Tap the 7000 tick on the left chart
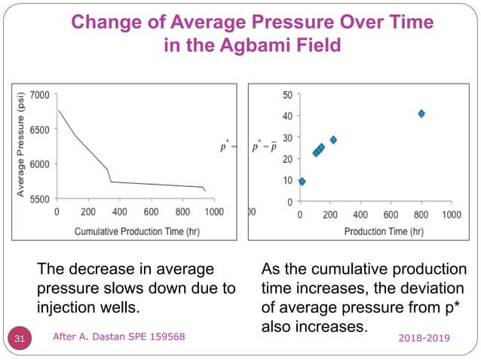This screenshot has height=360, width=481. [39, 95]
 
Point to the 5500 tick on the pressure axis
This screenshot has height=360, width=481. [39, 199]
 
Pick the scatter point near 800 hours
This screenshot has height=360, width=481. [421, 114]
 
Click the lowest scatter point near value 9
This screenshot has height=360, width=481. [302, 182]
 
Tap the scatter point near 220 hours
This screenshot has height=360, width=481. [333, 139]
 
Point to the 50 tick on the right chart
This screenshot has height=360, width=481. [287, 95]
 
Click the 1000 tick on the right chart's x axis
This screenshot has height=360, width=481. [451, 215]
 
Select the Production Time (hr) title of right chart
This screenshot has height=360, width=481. [384, 231]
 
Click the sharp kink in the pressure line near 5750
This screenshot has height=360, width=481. [111, 182]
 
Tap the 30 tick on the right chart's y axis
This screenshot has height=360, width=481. [287, 138]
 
